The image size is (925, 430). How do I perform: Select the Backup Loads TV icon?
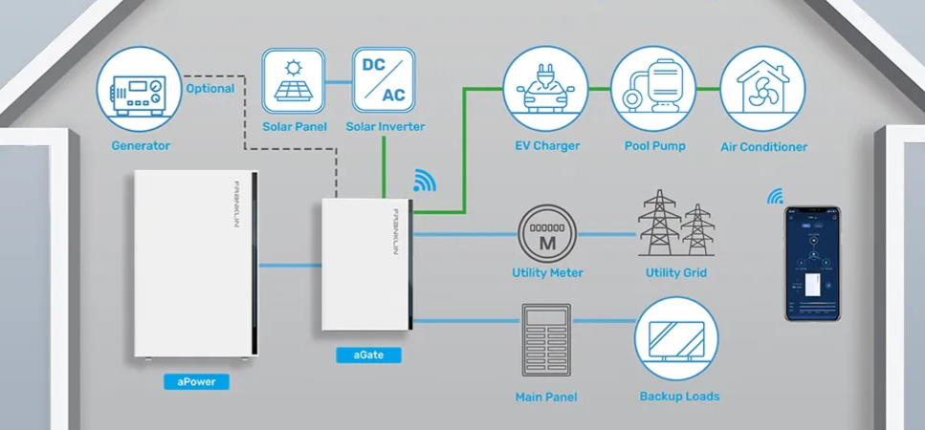[x=677, y=339]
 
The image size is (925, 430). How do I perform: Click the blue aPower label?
[x=196, y=381]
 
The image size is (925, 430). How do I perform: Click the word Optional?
[x=210, y=89]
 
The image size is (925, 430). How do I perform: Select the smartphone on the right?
[x=813, y=265]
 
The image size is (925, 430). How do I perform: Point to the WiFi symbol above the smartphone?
[x=775, y=197]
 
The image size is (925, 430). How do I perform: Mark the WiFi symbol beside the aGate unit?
[x=423, y=182]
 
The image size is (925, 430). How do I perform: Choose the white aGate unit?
[x=366, y=265]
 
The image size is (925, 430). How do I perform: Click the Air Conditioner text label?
[x=763, y=147]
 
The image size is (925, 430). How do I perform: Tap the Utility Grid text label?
[x=676, y=273]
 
